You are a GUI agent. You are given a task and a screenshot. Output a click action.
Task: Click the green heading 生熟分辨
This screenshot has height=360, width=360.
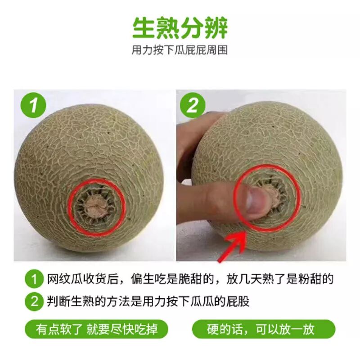coord(180,28)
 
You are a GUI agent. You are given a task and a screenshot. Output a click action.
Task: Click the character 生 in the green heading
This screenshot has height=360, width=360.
coord(144,28)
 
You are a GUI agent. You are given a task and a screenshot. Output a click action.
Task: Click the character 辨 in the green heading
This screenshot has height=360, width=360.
coord(216,28)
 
